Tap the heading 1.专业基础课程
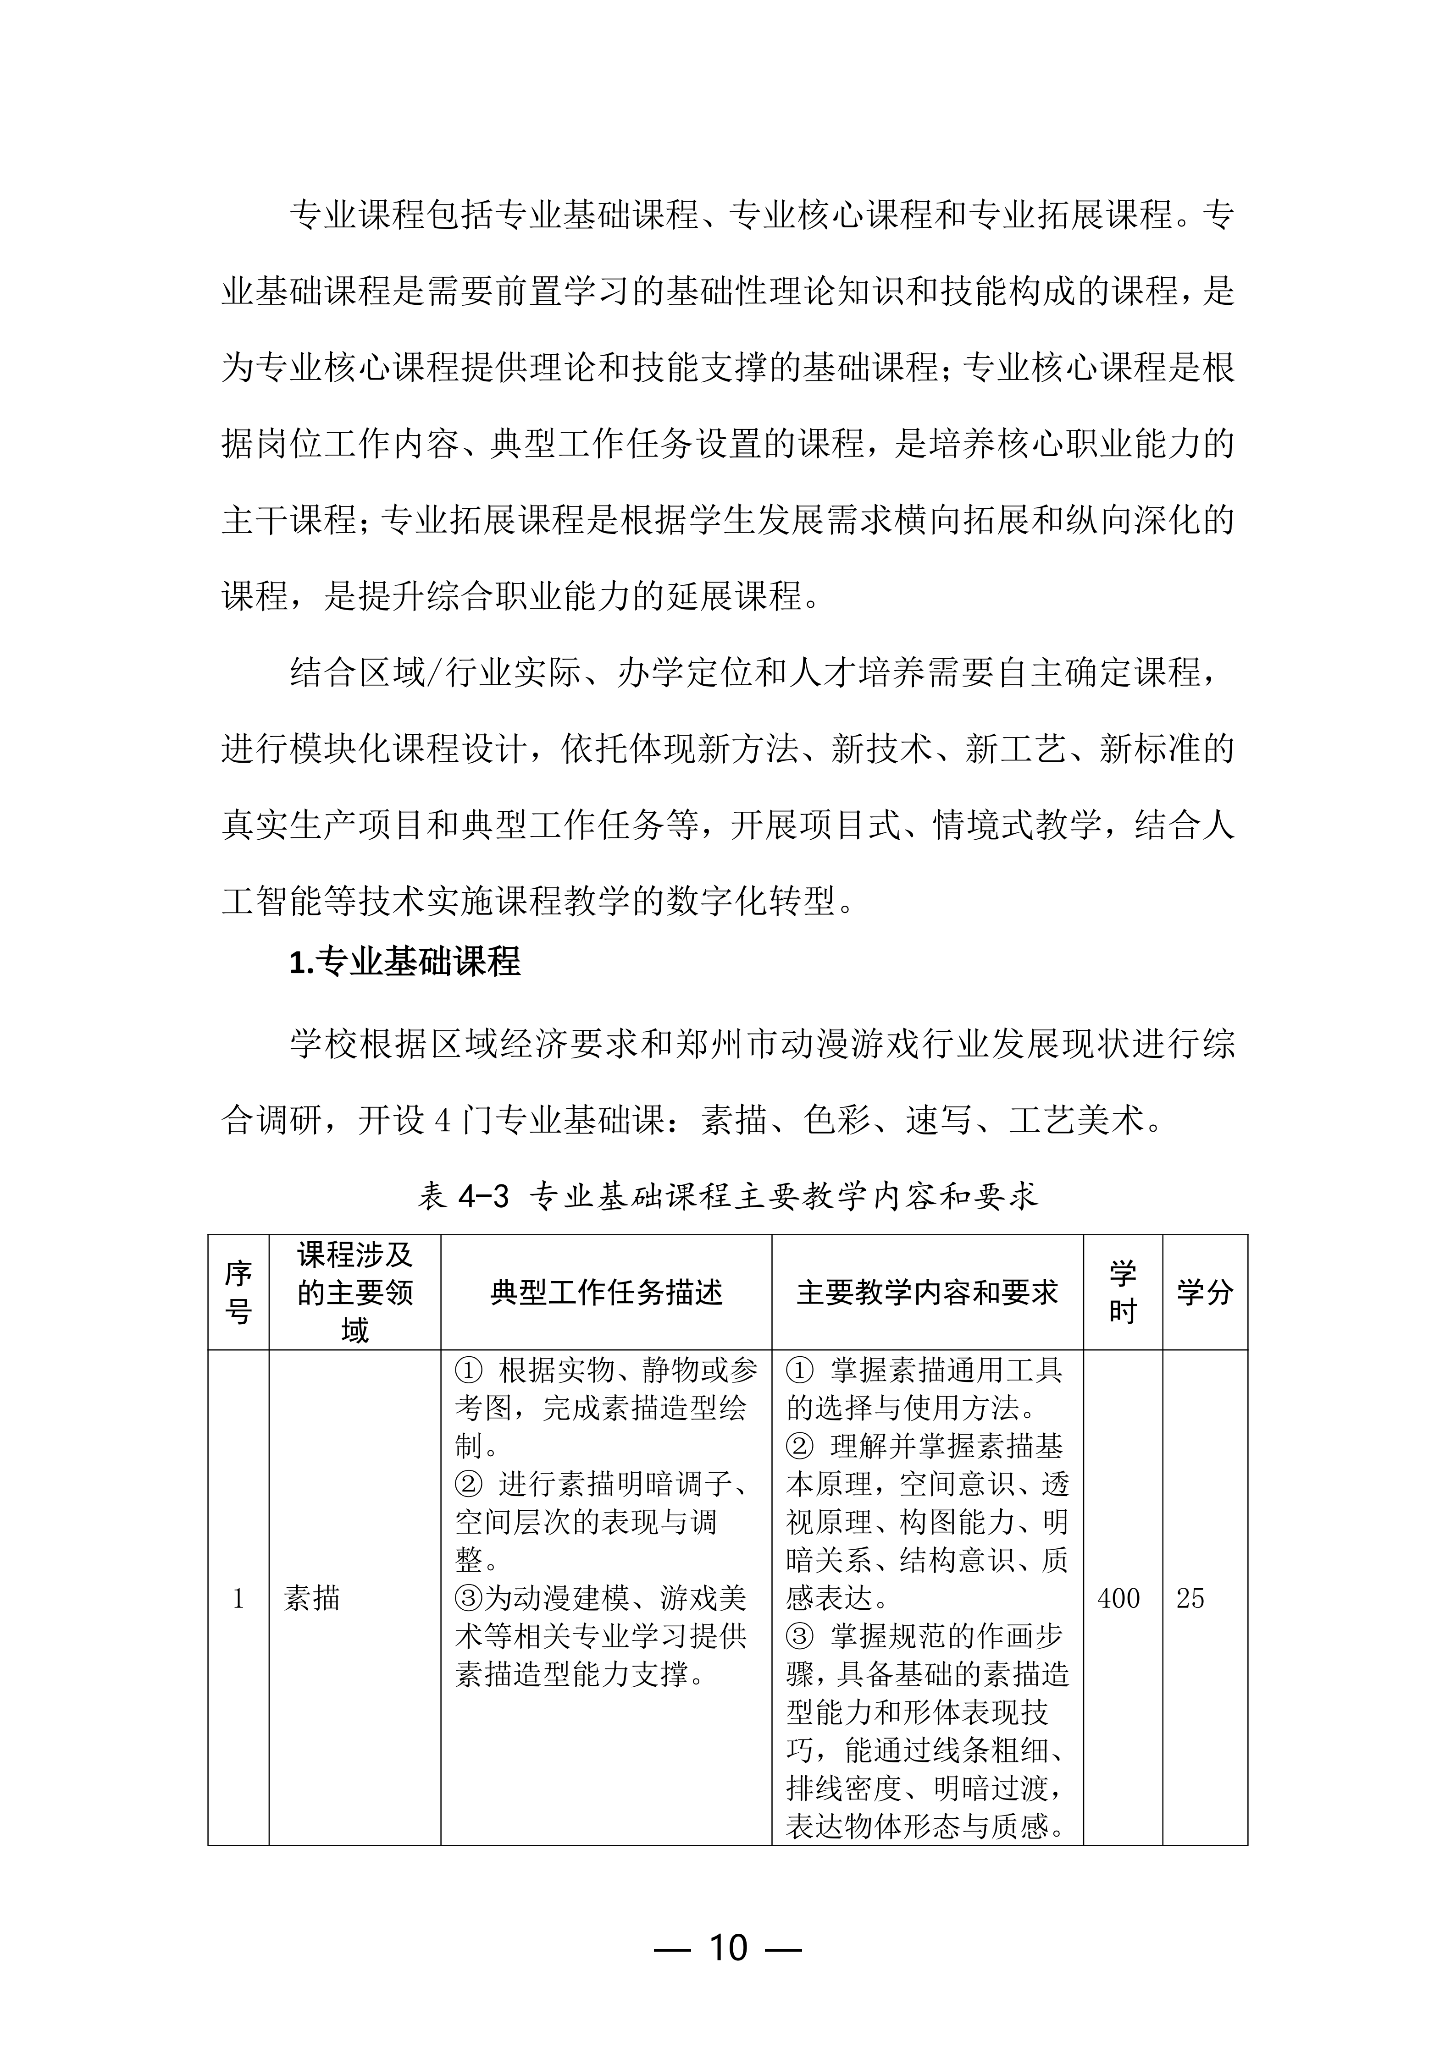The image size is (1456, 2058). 404,962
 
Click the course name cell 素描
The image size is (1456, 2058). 312,1598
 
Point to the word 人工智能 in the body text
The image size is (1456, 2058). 1201,825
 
